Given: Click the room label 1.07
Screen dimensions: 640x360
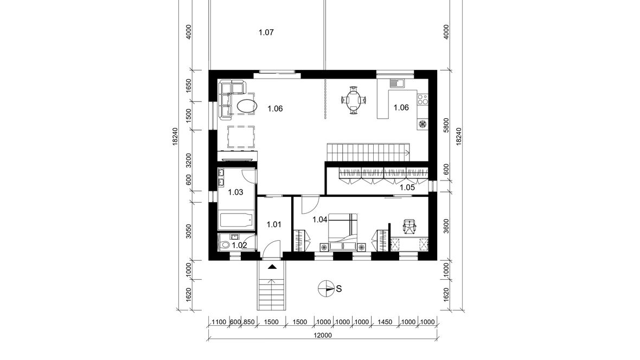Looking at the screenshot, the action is [266, 32].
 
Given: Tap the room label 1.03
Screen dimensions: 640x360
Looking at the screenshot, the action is [235, 192].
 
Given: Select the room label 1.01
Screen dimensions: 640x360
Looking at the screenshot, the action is [274, 224].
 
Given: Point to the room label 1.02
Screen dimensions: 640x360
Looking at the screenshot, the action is [240, 245].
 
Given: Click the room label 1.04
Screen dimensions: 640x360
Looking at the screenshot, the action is [320, 220].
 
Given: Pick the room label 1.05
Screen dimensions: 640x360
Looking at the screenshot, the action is [407, 188].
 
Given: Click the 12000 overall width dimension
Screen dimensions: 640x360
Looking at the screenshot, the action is [323, 336].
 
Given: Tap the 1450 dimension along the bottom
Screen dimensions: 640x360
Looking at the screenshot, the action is [385, 322].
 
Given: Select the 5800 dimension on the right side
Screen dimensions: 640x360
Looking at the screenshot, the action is [446, 125].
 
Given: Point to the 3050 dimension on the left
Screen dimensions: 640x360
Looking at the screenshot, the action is [189, 232].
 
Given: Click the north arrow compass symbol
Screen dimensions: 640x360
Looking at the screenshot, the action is [325, 288].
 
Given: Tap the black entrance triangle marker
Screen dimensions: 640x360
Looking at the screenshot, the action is [272, 267].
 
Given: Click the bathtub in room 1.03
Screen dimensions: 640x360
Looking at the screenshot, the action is [236, 221].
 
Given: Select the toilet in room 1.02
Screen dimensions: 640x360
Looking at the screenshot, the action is [224, 245].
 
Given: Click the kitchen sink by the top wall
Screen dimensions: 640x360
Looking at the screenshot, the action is [396, 83].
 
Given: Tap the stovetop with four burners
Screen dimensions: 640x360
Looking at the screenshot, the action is [423, 98].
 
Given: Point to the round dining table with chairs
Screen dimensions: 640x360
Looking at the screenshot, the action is [353, 100].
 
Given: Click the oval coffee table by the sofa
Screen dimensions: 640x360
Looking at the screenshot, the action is [247, 106].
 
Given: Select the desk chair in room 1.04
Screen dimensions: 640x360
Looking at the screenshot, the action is [409, 226].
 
